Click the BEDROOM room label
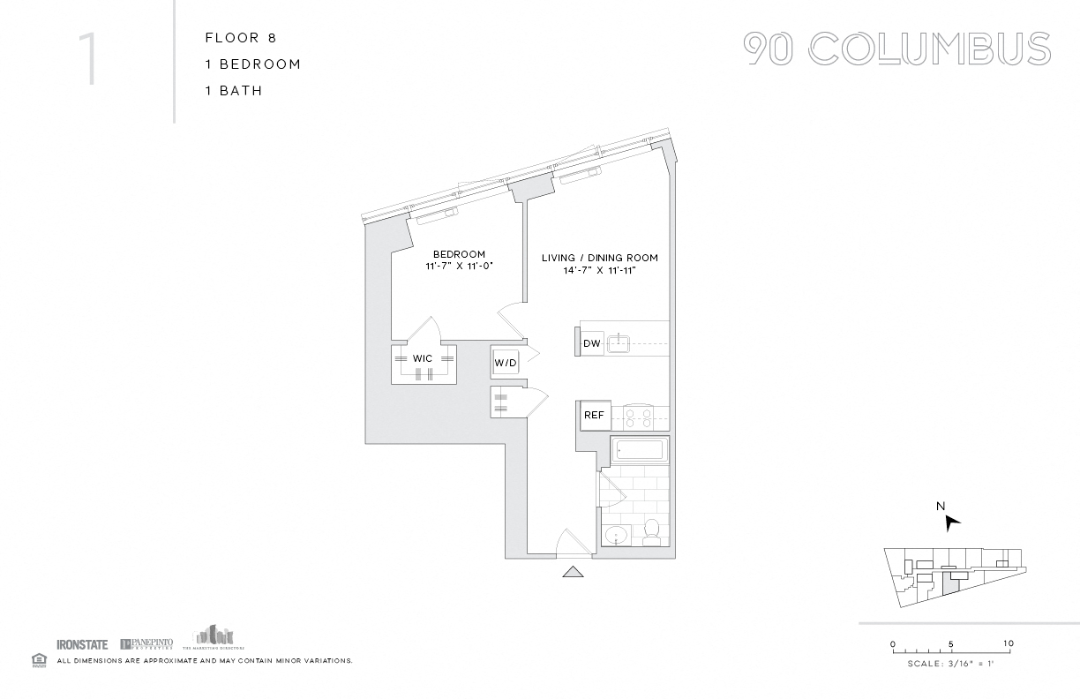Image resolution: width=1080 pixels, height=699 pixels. [459, 254]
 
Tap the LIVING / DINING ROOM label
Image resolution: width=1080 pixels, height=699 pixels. [599, 258]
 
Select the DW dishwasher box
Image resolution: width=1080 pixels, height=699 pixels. [592, 343]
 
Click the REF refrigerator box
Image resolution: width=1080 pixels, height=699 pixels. [594, 415]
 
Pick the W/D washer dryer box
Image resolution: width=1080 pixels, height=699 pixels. [505, 362]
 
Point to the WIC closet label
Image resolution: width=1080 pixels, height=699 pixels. [423, 358]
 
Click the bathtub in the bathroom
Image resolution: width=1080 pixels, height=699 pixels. [639, 450]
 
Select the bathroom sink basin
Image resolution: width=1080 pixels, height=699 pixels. [617, 534]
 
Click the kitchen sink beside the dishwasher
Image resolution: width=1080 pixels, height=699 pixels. [620, 342]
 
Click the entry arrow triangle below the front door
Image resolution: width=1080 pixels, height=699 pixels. [574, 572]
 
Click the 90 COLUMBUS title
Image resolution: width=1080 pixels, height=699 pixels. [896, 49]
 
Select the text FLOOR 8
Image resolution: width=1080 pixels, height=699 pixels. [234, 38]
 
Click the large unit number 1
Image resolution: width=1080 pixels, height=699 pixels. [88, 60]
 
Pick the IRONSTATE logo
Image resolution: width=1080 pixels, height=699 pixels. [82, 644]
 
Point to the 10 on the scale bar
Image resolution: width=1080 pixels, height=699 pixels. [1008, 643]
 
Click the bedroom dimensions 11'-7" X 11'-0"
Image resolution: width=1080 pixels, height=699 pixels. [459, 266]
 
